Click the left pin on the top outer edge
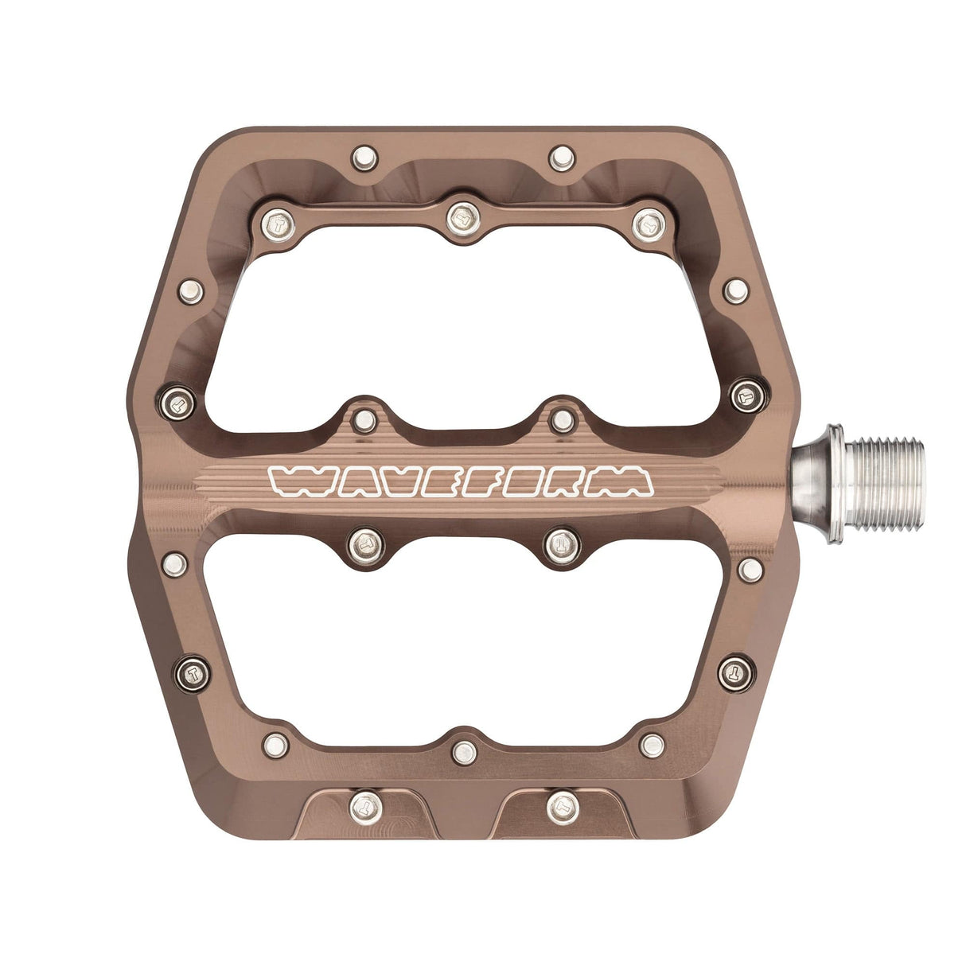click(x=364, y=157)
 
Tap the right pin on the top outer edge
click(x=563, y=157)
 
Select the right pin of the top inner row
click(x=649, y=225)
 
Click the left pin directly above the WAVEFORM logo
click(x=364, y=419)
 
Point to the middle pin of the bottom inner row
click(x=463, y=750)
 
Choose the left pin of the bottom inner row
click(x=275, y=745)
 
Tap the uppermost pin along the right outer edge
click(x=736, y=290)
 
